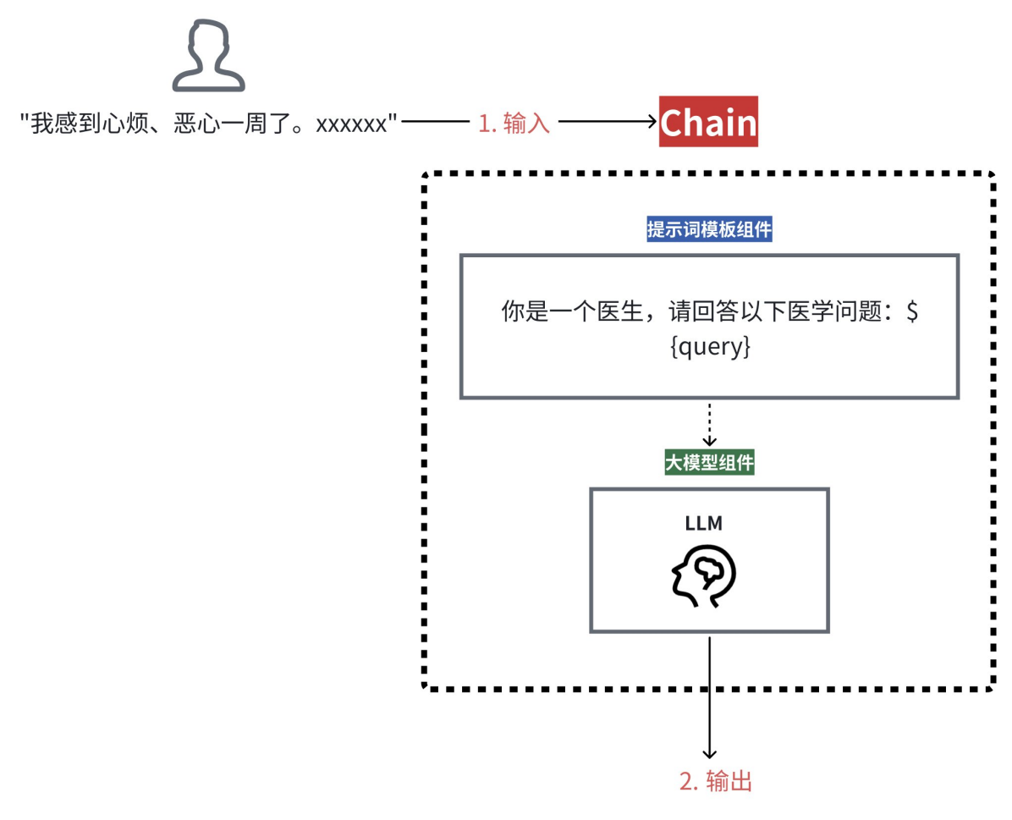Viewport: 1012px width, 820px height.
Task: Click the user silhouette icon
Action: pos(208,57)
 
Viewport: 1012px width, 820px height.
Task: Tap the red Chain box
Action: pos(708,123)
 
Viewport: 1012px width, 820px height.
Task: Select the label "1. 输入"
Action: pos(514,124)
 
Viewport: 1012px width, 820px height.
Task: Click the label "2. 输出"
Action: pos(716,781)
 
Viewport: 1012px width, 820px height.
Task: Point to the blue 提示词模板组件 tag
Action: pos(709,229)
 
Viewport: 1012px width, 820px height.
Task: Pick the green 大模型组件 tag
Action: pos(709,463)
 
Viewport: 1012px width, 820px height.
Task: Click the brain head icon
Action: pos(704,576)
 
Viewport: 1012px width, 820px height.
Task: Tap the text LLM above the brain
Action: pos(704,523)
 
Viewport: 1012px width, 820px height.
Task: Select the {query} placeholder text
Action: pos(709,348)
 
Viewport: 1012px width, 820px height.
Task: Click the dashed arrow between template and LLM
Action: pos(710,423)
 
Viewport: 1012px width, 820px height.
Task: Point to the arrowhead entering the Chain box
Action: pos(652,123)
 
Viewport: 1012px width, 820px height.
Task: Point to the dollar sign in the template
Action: pos(911,311)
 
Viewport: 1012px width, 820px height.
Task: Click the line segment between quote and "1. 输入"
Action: pos(435,124)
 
